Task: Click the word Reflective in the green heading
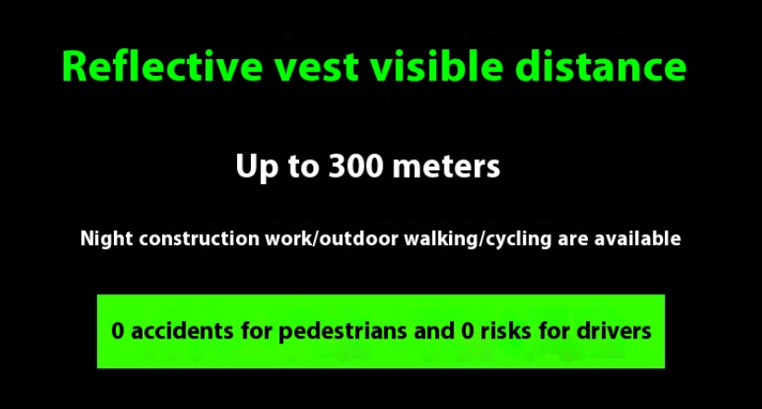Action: point(162,66)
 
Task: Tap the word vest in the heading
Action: point(317,68)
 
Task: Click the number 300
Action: point(356,167)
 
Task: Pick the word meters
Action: point(446,167)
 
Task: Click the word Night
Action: point(106,239)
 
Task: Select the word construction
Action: point(199,239)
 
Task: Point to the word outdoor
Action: point(358,239)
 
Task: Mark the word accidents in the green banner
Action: point(182,331)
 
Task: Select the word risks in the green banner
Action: point(505,330)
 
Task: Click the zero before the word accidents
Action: point(118,331)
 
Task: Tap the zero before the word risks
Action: point(467,331)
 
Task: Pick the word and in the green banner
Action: point(434,330)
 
